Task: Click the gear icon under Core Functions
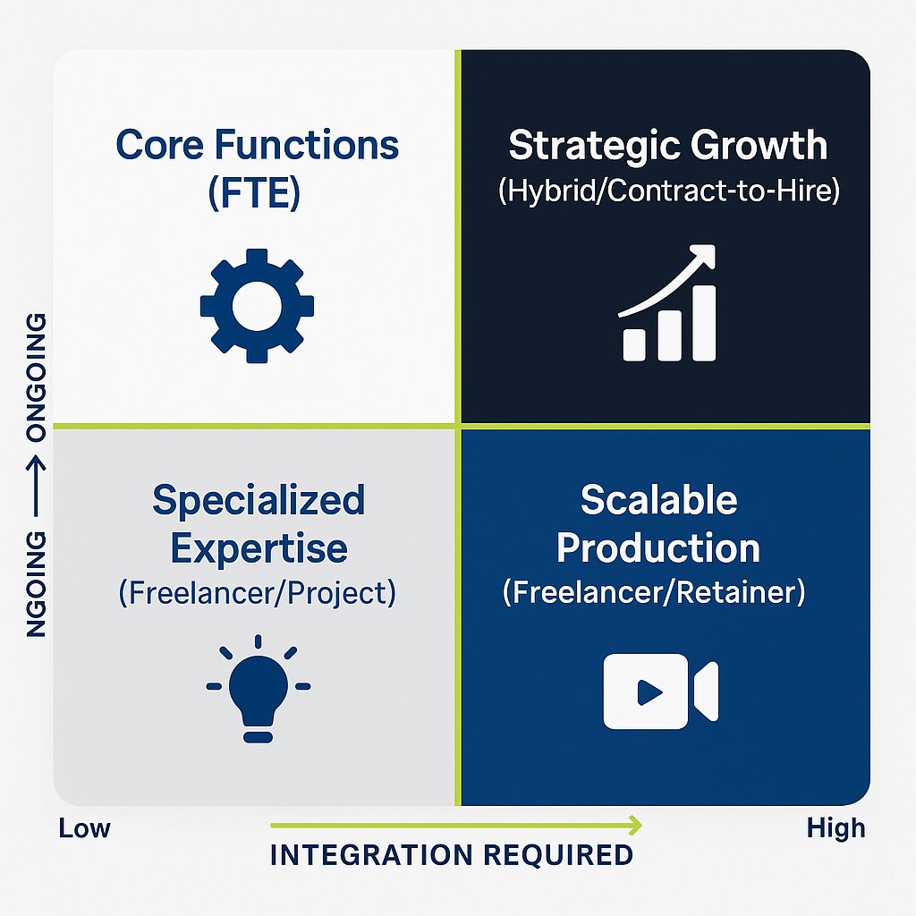[257, 306]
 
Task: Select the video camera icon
[660, 690]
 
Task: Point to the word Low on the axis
[84, 828]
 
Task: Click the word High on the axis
[835, 828]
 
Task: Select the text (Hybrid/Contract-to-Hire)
[668, 192]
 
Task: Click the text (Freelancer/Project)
[257, 593]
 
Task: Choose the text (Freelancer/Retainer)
[654, 592]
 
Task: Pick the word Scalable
[659, 500]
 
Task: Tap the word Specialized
[259, 501]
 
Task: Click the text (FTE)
[257, 192]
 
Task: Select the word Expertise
[259, 547]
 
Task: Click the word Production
[658, 547]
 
